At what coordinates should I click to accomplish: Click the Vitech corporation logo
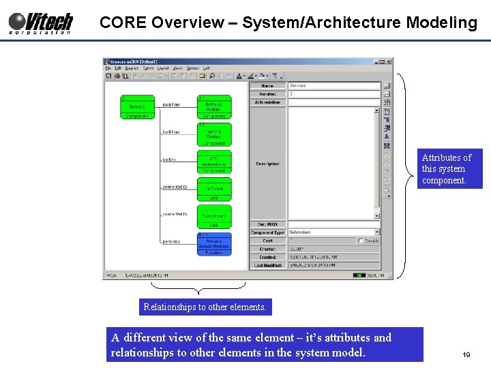[40, 22]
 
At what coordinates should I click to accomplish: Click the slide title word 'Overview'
[187, 22]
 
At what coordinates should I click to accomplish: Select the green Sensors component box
[137, 107]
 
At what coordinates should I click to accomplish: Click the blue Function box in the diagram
[214, 244]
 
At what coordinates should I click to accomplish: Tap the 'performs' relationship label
[171, 241]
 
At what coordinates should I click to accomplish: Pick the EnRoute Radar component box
[214, 107]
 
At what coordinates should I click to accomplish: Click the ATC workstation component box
[214, 162]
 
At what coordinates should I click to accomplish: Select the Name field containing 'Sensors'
[333, 86]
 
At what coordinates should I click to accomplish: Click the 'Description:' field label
[268, 164]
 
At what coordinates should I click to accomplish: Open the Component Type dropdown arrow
[376, 232]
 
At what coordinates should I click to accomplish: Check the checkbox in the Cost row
[361, 241]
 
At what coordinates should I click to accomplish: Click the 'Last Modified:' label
[268, 265]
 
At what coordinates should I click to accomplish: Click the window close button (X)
[389, 61]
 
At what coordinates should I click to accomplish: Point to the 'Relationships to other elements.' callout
[205, 307]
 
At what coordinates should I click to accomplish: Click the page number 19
[466, 355]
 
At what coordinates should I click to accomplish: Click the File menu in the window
[108, 68]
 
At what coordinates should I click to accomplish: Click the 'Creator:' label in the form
[268, 249]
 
